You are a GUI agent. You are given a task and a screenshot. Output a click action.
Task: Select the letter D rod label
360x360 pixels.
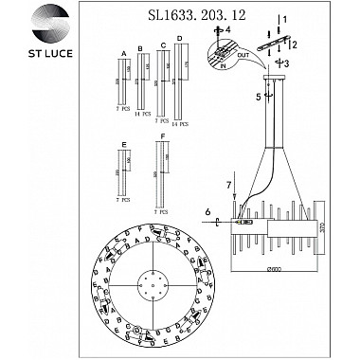(178, 38)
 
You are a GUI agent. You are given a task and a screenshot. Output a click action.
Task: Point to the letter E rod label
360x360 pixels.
(124, 147)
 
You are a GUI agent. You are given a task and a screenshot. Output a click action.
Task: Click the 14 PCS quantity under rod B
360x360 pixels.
(141, 115)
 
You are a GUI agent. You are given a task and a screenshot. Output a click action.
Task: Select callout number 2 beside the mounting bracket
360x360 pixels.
(295, 44)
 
